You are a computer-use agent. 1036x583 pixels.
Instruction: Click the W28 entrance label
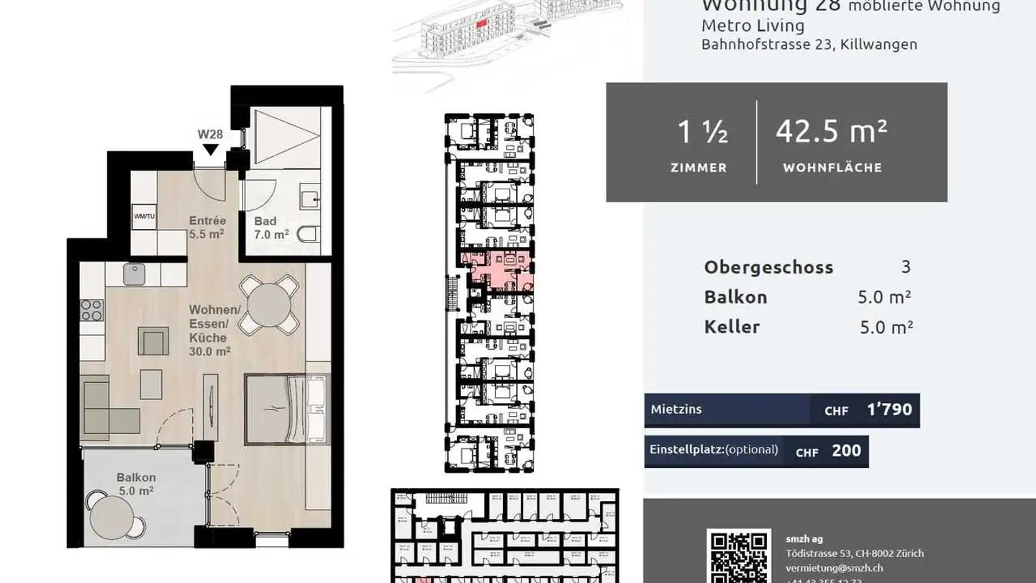click(x=210, y=134)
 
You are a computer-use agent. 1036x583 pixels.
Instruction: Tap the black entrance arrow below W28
click(x=210, y=150)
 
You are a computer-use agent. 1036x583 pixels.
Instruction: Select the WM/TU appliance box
click(x=144, y=216)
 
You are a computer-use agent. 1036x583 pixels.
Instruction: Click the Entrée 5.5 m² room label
click(x=207, y=227)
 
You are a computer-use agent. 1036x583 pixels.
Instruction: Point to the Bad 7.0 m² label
click(x=271, y=227)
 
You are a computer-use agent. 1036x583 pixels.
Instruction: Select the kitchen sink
click(x=134, y=274)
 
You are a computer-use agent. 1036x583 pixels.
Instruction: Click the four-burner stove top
click(x=91, y=310)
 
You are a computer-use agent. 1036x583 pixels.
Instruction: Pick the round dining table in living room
click(x=268, y=305)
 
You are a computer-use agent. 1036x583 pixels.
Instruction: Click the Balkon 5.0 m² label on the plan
click(x=137, y=484)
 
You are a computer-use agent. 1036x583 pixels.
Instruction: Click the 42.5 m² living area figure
click(x=831, y=132)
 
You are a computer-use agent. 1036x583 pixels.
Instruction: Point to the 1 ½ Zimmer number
click(x=702, y=132)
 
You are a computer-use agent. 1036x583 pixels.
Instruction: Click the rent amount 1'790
click(x=889, y=410)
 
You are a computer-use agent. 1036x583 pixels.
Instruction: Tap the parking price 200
click(x=846, y=451)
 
